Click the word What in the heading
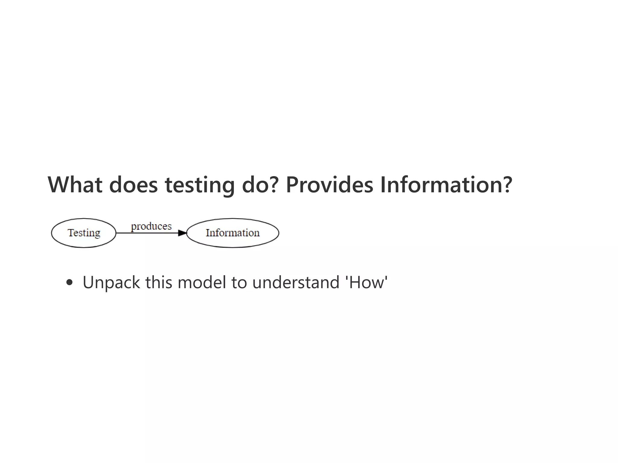(x=75, y=184)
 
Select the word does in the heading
(x=133, y=184)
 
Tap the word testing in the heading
(x=199, y=185)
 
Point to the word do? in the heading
(x=260, y=184)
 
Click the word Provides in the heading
(x=329, y=184)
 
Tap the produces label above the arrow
(x=151, y=226)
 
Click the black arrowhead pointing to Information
(x=182, y=233)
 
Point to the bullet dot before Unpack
(x=69, y=282)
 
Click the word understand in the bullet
(x=296, y=282)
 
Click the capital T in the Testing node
(x=70, y=233)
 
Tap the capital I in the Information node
(x=208, y=233)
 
